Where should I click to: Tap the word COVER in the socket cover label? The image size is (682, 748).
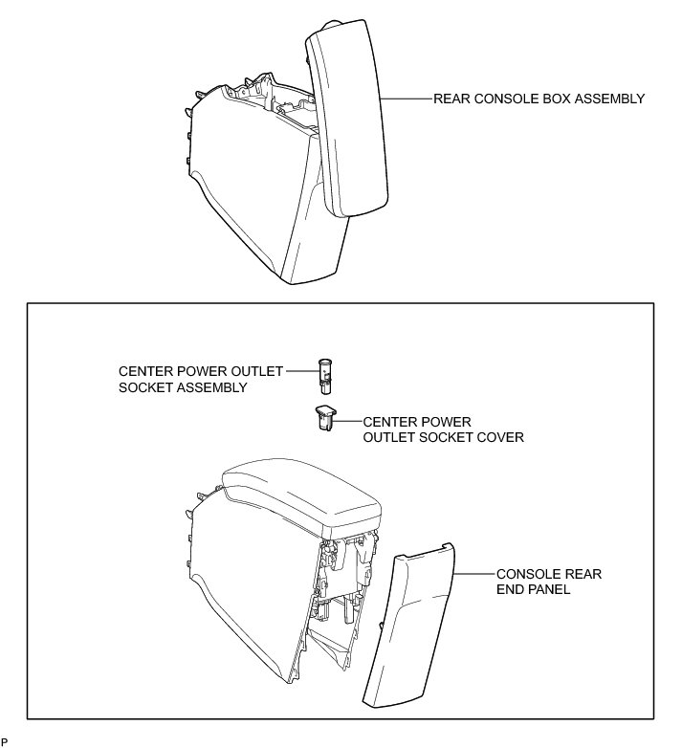(x=503, y=437)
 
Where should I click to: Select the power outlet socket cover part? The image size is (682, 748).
(x=325, y=418)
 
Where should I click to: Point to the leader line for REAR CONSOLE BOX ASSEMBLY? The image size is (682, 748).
(x=406, y=99)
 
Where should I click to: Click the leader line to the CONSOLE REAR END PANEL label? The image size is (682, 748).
(x=474, y=574)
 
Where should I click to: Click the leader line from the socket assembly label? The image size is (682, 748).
(x=301, y=371)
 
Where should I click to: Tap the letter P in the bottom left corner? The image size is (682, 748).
(x=4, y=741)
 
